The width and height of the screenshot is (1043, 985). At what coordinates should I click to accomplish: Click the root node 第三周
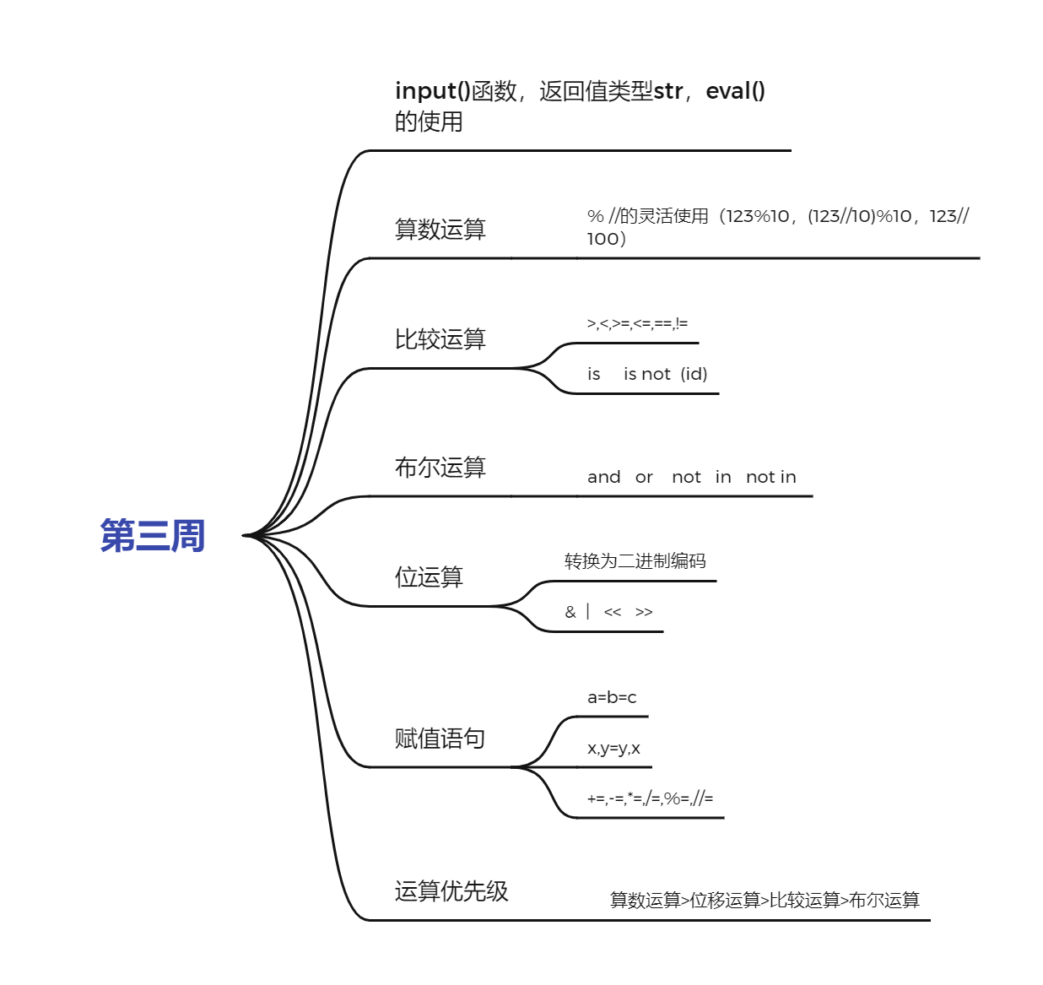click(153, 536)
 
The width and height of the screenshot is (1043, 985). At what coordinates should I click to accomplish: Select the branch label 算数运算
click(440, 230)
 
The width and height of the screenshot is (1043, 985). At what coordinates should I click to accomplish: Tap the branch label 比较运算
click(440, 339)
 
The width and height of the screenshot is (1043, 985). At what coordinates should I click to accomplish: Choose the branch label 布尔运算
click(440, 468)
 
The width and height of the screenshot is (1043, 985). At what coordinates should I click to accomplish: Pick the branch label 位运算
click(429, 577)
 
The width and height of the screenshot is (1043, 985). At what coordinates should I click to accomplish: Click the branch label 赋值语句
click(440, 739)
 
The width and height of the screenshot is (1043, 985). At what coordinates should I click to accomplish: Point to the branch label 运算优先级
click(451, 891)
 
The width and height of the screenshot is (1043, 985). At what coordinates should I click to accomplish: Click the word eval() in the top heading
click(735, 91)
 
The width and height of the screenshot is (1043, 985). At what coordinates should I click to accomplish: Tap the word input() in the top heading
click(432, 91)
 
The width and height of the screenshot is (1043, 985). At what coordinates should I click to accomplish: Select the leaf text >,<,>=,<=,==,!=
click(637, 323)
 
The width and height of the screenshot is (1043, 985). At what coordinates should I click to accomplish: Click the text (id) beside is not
click(694, 374)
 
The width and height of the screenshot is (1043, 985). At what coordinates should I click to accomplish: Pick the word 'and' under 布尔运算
click(603, 477)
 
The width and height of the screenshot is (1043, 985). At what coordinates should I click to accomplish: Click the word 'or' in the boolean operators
click(644, 478)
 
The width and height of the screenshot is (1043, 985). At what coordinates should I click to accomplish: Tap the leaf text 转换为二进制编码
click(635, 561)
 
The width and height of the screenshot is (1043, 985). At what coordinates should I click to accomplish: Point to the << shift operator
click(613, 612)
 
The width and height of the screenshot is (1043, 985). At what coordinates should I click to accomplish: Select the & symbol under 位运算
click(570, 612)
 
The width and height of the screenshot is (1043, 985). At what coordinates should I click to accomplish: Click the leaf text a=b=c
click(612, 697)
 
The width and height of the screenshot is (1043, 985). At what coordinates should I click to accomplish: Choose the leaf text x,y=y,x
click(613, 748)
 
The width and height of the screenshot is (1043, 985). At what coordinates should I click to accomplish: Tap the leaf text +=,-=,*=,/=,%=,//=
click(650, 798)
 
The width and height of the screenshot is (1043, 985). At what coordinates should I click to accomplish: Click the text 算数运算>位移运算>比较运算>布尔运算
click(765, 901)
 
